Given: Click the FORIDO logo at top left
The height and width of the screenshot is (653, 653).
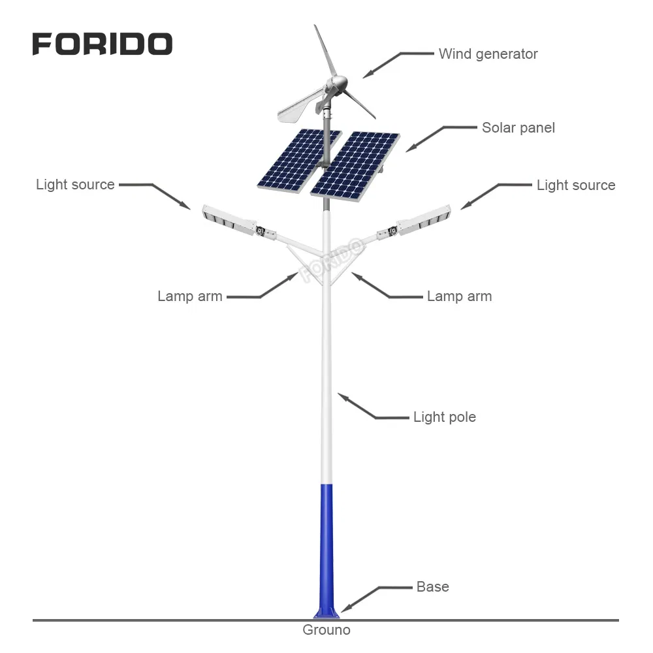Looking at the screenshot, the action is click(x=103, y=44).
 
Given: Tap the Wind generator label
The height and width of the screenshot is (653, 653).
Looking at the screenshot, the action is click(x=488, y=54).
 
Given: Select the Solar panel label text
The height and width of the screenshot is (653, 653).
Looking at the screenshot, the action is click(x=518, y=128).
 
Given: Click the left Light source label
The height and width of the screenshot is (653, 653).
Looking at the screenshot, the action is click(x=75, y=185).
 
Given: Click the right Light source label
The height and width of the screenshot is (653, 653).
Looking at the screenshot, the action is click(x=576, y=185).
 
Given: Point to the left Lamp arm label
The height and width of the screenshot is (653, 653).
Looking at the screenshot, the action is click(x=190, y=296).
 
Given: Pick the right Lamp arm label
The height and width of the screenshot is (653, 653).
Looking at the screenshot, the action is click(x=459, y=296).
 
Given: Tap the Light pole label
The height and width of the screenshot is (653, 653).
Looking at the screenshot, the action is click(x=444, y=417).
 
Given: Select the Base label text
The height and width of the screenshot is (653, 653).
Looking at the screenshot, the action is click(x=433, y=587).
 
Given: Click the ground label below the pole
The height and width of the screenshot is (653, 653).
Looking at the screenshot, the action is click(x=326, y=629).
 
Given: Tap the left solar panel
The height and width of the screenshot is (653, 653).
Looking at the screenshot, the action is click(x=299, y=161).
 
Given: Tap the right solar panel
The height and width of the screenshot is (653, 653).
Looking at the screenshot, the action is click(x=355, y=166).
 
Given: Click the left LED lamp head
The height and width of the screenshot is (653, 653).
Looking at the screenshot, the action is click(x=229, y=219).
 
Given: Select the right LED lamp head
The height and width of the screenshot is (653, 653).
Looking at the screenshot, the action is click(x=424, y=219).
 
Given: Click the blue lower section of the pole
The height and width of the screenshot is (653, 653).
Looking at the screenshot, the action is click(x=326, y=550).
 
